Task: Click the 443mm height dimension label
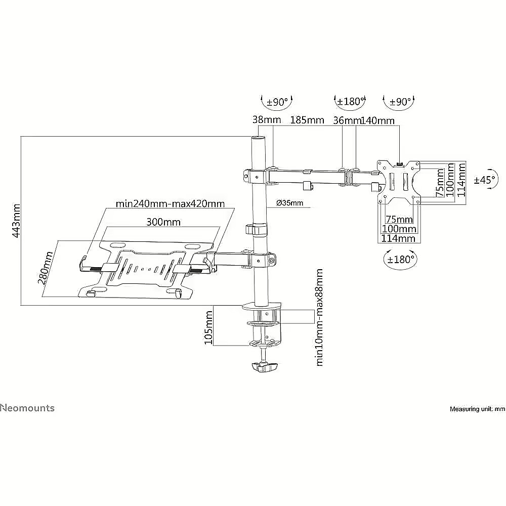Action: click(x=17, y=221)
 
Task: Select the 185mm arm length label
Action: click(x=307, y=120)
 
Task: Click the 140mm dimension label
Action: click(x=377, y=121)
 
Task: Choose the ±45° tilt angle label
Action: click(x=484, y=180)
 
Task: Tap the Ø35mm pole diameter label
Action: click(x=290, y=203)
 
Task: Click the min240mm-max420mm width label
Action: click(x=170, y=204)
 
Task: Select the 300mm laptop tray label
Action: click(x=163, y=222)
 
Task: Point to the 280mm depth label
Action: click(x=46, y=268)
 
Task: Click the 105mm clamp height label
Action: click(x=209, y=327)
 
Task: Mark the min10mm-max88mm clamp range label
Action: click(x=319, y=317)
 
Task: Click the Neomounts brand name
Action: click(x=27, y=408)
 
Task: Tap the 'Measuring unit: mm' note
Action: click(x=478, y=409)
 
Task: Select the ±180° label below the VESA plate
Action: click(x=400, y=259)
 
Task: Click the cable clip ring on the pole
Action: click(x=257, y=229)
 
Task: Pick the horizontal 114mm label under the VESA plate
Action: click(x=398, y=238)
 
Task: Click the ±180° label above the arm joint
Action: click(x=350, y=101)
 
